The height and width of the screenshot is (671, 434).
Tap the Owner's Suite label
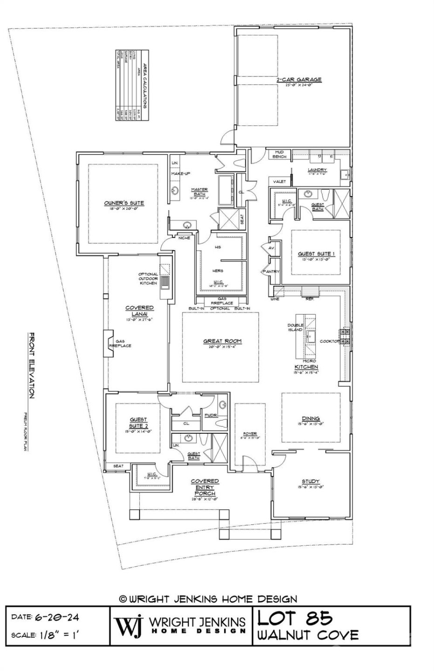(x=123, y=203)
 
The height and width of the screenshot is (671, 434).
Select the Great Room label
(x=222, y=341)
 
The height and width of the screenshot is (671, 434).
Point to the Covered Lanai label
(x=139, y=311)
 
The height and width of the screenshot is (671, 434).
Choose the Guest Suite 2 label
(x=138, y=423)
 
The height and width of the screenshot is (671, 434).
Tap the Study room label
(x=311, y=481)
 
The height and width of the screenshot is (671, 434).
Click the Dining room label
(x=311, y=418)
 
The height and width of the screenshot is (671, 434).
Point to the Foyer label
(x=249, y=434)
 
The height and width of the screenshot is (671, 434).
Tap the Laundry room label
(x=317, y=170)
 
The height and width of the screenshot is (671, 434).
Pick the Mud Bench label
(x=279, y=154)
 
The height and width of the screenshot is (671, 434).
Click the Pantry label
(x=270, y=272)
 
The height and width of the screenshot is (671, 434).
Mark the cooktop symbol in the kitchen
(x=346, y=337)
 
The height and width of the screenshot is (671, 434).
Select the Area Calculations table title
(x=144, y=85)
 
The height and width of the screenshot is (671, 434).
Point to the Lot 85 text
(x=295, y=618)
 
